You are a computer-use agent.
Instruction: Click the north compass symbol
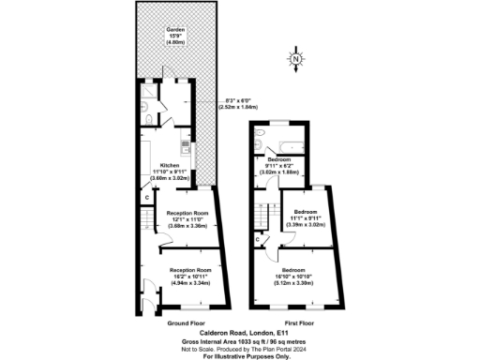(295, 64)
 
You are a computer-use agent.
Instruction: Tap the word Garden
(175, 30)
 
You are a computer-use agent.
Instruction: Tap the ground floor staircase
(146, 222)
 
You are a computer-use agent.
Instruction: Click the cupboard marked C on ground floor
(145, 197)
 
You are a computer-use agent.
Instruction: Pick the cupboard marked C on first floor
(257, 239)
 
